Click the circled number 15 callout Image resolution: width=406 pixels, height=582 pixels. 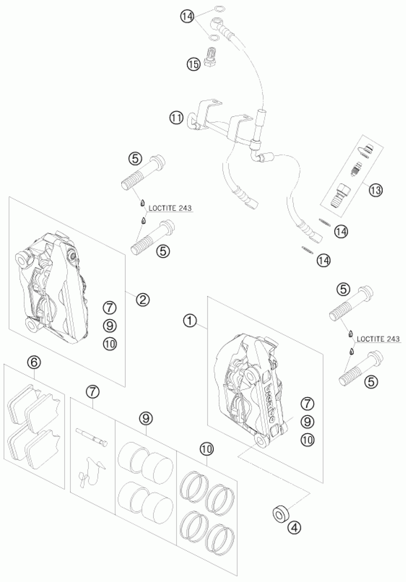click(x=193, y=64)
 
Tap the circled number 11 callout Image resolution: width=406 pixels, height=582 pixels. click(x=177, y=118)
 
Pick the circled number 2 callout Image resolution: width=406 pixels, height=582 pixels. click(x=143, y=300)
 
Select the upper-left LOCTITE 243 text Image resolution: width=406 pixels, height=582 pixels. click(x=170, y=208)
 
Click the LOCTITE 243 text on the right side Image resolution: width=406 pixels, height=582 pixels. click(x=378, y=339)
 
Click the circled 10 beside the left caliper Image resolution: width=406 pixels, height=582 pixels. click(x=110, y=344)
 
